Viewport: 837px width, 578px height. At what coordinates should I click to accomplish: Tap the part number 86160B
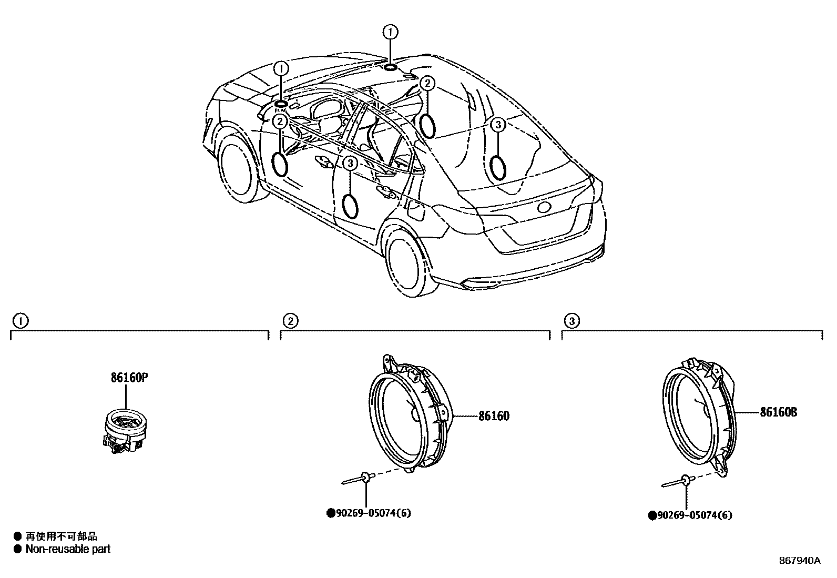778,412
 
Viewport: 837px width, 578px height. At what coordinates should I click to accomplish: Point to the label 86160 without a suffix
494,416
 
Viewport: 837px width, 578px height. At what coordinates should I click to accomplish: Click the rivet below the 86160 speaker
359,479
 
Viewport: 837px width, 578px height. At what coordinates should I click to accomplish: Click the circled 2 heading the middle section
290,320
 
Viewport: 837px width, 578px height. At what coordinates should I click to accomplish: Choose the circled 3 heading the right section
571,320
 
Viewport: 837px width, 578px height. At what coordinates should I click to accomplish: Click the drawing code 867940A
799,560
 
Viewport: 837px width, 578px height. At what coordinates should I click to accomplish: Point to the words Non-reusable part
68,549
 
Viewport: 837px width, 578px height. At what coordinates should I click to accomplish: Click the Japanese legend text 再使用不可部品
61,536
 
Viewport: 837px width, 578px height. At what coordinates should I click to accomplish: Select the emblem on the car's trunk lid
544,207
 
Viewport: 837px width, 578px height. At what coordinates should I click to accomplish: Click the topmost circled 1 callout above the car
390,33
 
